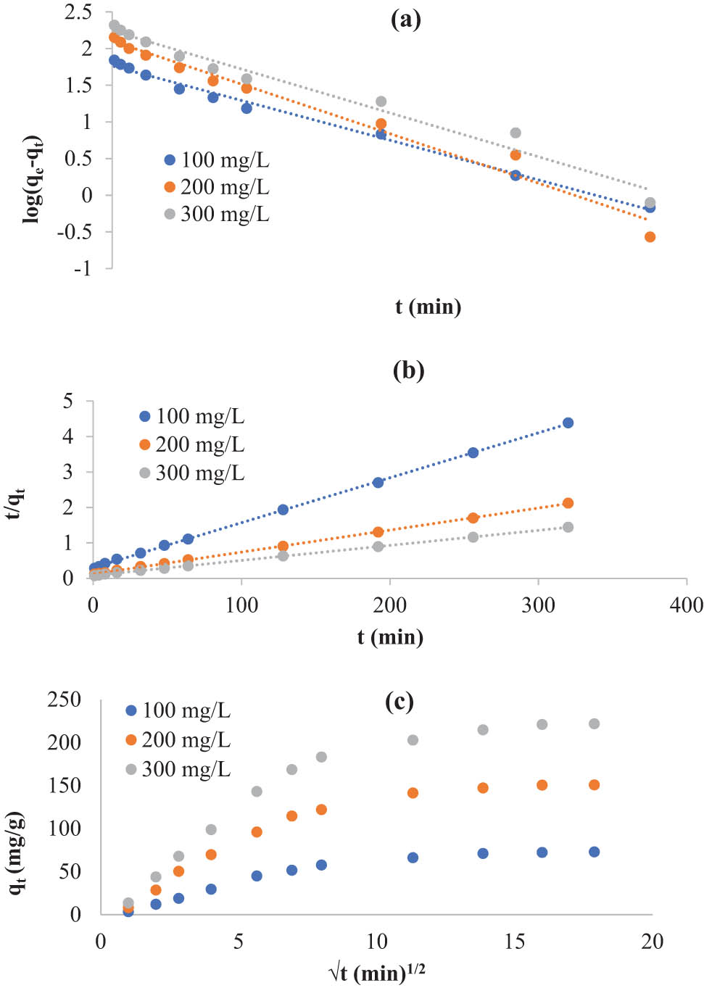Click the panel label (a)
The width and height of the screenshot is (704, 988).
point(405,20)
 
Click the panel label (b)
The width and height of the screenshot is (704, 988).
point(408,370)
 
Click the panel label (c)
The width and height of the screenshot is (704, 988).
point(399,702)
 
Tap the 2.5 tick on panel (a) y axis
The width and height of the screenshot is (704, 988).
point(78,12)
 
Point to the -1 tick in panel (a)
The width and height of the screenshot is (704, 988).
point(82,268)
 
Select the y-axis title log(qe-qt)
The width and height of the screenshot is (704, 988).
point(33,179)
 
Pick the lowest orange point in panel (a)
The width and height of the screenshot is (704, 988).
point(650,237)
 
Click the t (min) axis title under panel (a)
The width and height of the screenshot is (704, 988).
point(428,307)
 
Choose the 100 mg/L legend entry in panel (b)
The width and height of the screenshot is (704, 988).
point(192,417)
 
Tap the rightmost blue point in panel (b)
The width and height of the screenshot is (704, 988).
point(568,423)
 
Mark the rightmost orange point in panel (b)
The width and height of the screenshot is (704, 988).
point(568,503)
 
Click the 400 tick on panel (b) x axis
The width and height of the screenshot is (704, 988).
point(686,605)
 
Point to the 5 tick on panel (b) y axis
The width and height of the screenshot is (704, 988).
point(68,401)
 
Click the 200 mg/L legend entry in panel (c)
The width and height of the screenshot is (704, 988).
point(178,740)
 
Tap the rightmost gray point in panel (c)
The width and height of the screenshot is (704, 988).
point(594,723)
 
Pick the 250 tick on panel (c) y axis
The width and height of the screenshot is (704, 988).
point(65,700)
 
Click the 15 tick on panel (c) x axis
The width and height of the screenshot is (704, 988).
point(514,942)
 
